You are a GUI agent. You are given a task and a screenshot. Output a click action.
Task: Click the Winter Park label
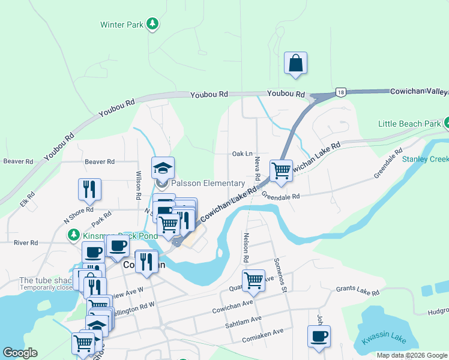(122, 25)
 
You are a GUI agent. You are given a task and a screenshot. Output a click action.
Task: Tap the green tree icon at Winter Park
(154, 24)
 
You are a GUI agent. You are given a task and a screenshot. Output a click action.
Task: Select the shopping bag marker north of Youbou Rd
(296, 63)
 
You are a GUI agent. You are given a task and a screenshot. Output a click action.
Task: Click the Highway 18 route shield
(341, 92)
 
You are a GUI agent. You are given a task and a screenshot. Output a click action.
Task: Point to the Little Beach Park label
(409, 124)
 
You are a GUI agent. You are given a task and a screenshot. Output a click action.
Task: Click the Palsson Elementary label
(208, 183)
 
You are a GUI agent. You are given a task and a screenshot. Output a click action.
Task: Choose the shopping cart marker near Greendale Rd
(281, 170)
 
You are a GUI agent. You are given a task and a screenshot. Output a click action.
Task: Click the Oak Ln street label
(242, 154)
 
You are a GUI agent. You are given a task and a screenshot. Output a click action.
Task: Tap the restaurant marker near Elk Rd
(89, 189)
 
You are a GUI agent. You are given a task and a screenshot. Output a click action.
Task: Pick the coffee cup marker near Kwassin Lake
(319, 336)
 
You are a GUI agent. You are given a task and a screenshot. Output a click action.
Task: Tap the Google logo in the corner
(20, 353)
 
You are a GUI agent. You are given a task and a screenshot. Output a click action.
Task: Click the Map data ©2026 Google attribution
(412, 355)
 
